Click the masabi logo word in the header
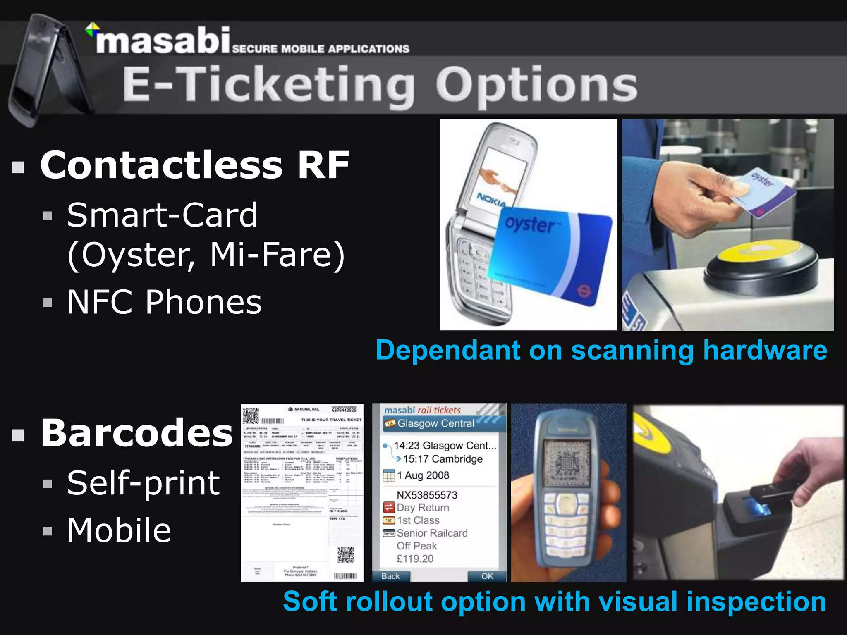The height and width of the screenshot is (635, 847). [162, 41]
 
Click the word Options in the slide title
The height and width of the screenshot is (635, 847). [536, 86]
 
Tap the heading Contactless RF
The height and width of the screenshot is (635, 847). [194, 165]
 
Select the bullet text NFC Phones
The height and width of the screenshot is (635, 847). [164, 302]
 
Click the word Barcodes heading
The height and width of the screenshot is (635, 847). [136, 433]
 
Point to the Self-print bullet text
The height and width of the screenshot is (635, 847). [143, 483]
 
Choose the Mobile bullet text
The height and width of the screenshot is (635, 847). [119, 530]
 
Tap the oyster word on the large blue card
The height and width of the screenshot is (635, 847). [530, 224]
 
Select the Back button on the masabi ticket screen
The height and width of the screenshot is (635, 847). [390, 576]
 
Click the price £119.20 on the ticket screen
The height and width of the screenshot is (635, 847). [415, 559]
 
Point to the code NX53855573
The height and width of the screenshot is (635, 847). [427, 495]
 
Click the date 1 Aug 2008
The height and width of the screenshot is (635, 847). [423, 475]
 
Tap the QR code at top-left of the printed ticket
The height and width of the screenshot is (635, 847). [251, 415]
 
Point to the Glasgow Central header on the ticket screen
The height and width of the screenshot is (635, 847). [435, 423]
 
